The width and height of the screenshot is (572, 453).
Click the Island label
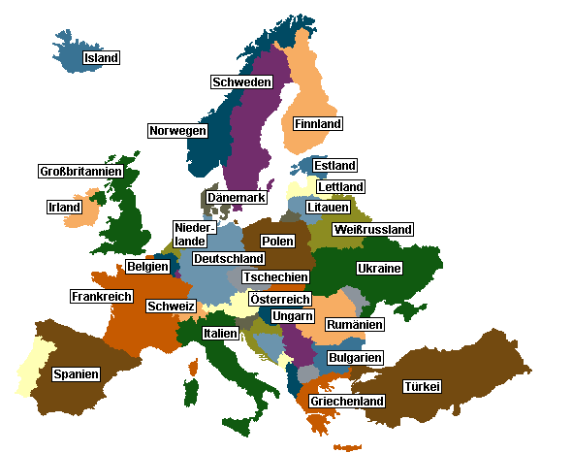tap(101, 58)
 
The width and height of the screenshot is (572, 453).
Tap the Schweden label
tap(240, 82)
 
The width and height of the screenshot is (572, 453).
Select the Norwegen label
tap(177, 131)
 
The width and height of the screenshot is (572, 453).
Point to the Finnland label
tap(318, 125)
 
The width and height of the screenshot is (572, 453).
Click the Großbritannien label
tap(80, 172)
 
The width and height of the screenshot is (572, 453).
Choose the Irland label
tap(64, 208)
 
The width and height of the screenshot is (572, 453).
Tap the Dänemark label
tap(236, 198)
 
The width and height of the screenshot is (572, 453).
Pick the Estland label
tap(335, 166)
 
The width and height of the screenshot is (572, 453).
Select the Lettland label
tap(340, 187)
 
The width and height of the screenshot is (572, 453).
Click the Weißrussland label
tap(372, 230)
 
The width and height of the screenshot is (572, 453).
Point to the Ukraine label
tap(379, 269)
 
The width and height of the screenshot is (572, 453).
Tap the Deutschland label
tap(228, 259)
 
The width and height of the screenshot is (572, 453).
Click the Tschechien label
tap(275, 277)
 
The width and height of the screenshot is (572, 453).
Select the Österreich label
tap(280, 300)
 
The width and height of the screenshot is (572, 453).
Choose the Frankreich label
tap(101, 296)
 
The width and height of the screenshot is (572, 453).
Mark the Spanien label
tap(76, 373)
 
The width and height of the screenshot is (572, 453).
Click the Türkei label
tap(422, 387)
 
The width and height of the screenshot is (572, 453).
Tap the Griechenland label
tap(347, 402)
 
